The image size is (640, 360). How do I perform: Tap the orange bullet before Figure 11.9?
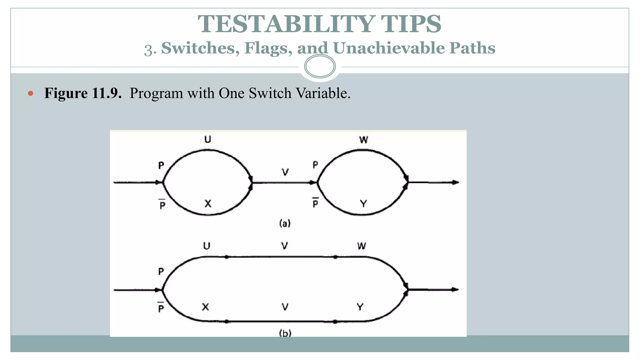[x=30, y=93]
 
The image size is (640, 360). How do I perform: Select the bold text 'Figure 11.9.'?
[x=83, y=93]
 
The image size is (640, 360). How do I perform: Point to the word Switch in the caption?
[x=270, y=93]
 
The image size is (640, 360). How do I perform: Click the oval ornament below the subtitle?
[x=320, y=66]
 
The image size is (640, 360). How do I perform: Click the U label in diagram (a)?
[x=207, y=139]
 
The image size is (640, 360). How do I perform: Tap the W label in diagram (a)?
[x=363, y=140]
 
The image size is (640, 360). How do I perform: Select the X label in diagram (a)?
[x=208, y=204]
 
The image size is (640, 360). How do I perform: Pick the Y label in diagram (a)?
[x=363, y=204]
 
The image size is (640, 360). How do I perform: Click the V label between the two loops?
[x=285, y=172]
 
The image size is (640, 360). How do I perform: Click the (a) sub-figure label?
[x=285, y=223]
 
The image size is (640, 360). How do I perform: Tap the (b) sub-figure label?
[x=285, y=333]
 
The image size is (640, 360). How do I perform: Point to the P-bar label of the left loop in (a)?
[x=162, y=205]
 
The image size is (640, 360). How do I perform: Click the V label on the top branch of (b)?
[x=284, y=246]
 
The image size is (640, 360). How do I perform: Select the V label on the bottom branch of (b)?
[x=285, y=307]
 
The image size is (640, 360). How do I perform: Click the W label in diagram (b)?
[x=362, y=246]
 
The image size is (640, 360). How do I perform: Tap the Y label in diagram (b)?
[x=360, y=307]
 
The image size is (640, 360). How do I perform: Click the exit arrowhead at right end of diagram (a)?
[x=456, y=182]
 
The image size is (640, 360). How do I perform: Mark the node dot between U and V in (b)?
[x=227, y=257]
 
